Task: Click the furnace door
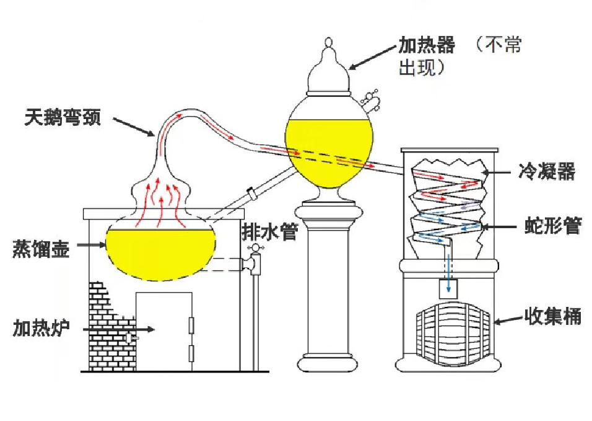(164, 329)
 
